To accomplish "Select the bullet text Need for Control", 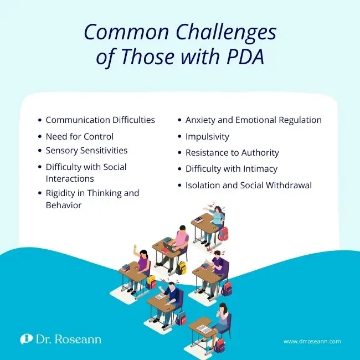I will [x=79, y=136].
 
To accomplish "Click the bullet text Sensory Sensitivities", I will [x=86, y=151].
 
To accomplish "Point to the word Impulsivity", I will [x=207, y=136].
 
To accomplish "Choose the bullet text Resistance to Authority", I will [x=232, y=152].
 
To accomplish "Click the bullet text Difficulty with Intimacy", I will [x=232, y=168].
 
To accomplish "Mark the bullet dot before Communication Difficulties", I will [x=39, y=120].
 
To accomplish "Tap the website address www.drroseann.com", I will [x=312, y=342].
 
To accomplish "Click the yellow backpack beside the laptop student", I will [x=182, y=267].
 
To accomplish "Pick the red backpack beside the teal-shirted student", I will [x=223, y=234].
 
